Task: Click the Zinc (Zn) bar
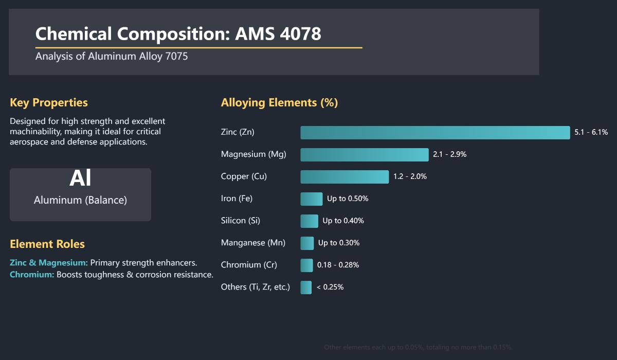point(435,133)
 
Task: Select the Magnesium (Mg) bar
point(364,155)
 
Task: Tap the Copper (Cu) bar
point(344,177)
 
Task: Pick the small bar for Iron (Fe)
point(311,199)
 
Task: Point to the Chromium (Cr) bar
point(306,265)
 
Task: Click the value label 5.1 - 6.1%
point(591,133)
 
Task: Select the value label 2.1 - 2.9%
point(449,155)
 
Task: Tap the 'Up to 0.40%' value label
point(343,221)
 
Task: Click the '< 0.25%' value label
point(330,287)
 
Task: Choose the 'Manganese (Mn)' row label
point(253,243)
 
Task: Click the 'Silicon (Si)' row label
point(240,221)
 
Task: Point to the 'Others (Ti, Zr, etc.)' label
point(255,287)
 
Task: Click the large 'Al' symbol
point(80,178)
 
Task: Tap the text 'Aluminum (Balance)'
point(80,201)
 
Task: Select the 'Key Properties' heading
point(49,103)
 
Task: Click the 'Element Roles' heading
point(47,244)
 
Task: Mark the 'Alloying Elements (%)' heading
point(279,103)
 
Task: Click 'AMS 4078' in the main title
point(278,34)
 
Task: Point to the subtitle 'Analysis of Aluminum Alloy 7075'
point(112,57)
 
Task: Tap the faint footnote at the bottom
point(418,348)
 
